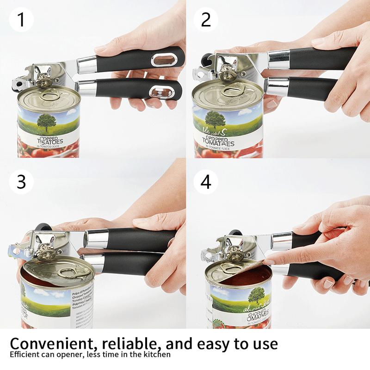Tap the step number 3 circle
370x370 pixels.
[x=21, y=181]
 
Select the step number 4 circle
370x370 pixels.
[x=206, y=181]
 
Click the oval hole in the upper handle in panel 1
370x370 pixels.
[x=161, y=59]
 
